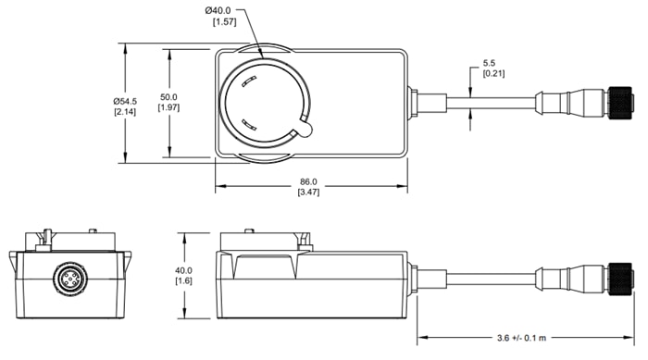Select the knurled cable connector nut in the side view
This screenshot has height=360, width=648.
pos(618,277)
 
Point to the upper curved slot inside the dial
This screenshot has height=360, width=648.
pos(246,83)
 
